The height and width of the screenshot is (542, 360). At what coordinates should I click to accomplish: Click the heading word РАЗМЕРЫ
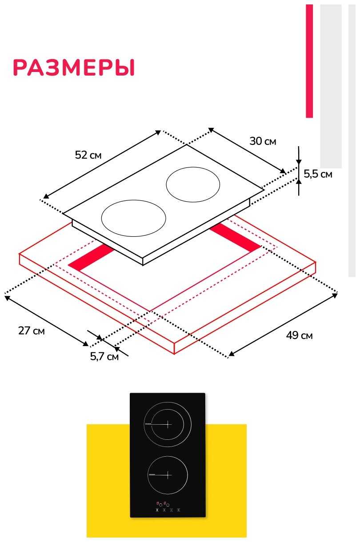(x=74, y=68)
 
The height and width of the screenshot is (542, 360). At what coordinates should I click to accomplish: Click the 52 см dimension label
(x=88, y=155)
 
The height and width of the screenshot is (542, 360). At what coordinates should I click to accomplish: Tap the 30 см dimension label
(x=263, y=141)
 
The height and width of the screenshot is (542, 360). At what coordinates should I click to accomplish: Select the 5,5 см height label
(x=318, y=174)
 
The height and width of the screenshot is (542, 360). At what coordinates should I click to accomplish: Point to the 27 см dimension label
(x=31, y=331)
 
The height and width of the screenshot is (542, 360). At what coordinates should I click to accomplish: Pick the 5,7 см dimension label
(x=104, y=356)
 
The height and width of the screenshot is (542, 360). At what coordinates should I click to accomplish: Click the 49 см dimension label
(x=299, y=335)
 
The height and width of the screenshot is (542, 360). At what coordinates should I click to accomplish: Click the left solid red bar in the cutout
(x=92, y=258)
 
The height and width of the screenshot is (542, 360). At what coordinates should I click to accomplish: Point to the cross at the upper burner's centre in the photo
(x=167, y=424)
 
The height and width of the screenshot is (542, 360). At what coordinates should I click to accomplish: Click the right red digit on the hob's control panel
(x=164, y=503)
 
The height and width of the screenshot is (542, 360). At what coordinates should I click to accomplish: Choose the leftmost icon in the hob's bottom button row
(x=157, y=510)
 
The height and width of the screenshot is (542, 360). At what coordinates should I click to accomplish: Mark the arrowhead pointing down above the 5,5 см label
(x=299, y=162)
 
